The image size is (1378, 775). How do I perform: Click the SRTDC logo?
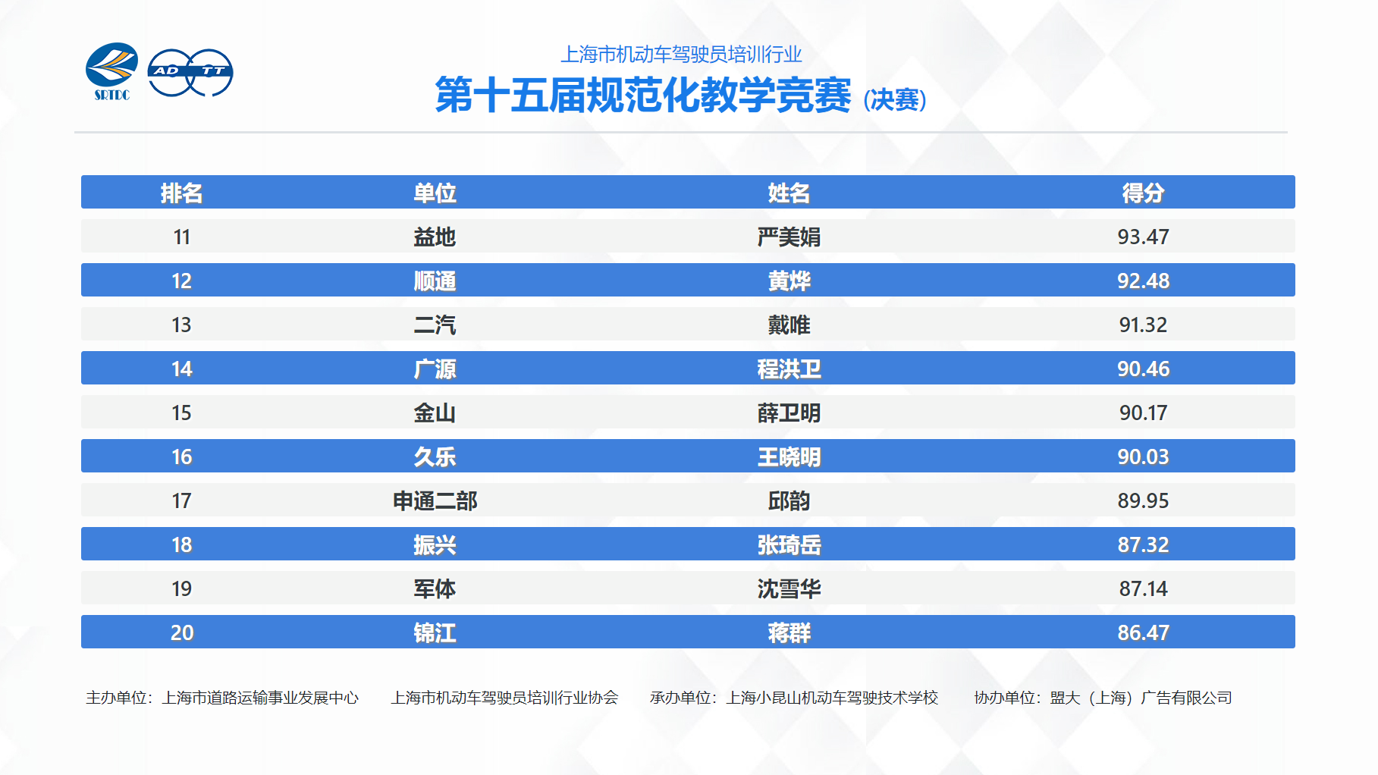111,71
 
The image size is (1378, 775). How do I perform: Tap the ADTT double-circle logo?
190,73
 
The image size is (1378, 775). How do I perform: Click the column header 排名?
181,193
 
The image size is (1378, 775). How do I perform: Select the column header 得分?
1143,193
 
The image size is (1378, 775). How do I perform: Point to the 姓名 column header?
789,193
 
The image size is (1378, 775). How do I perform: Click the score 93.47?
1143,237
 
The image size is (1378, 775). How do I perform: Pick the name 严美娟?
789,237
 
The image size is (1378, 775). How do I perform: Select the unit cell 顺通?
435,281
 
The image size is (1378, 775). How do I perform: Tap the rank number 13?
181,325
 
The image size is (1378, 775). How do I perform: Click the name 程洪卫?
789,369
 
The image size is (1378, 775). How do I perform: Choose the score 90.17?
1143,413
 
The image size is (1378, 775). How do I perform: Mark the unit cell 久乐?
435,457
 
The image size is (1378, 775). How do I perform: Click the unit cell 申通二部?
435,500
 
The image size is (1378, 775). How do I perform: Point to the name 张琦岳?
789,544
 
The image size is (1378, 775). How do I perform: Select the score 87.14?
1143,588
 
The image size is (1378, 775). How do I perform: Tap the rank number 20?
181,632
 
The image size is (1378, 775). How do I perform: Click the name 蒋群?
789,632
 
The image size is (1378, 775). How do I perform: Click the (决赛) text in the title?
895,99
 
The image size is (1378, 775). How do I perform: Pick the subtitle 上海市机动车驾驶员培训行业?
681,55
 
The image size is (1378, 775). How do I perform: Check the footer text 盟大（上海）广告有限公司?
1141,698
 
